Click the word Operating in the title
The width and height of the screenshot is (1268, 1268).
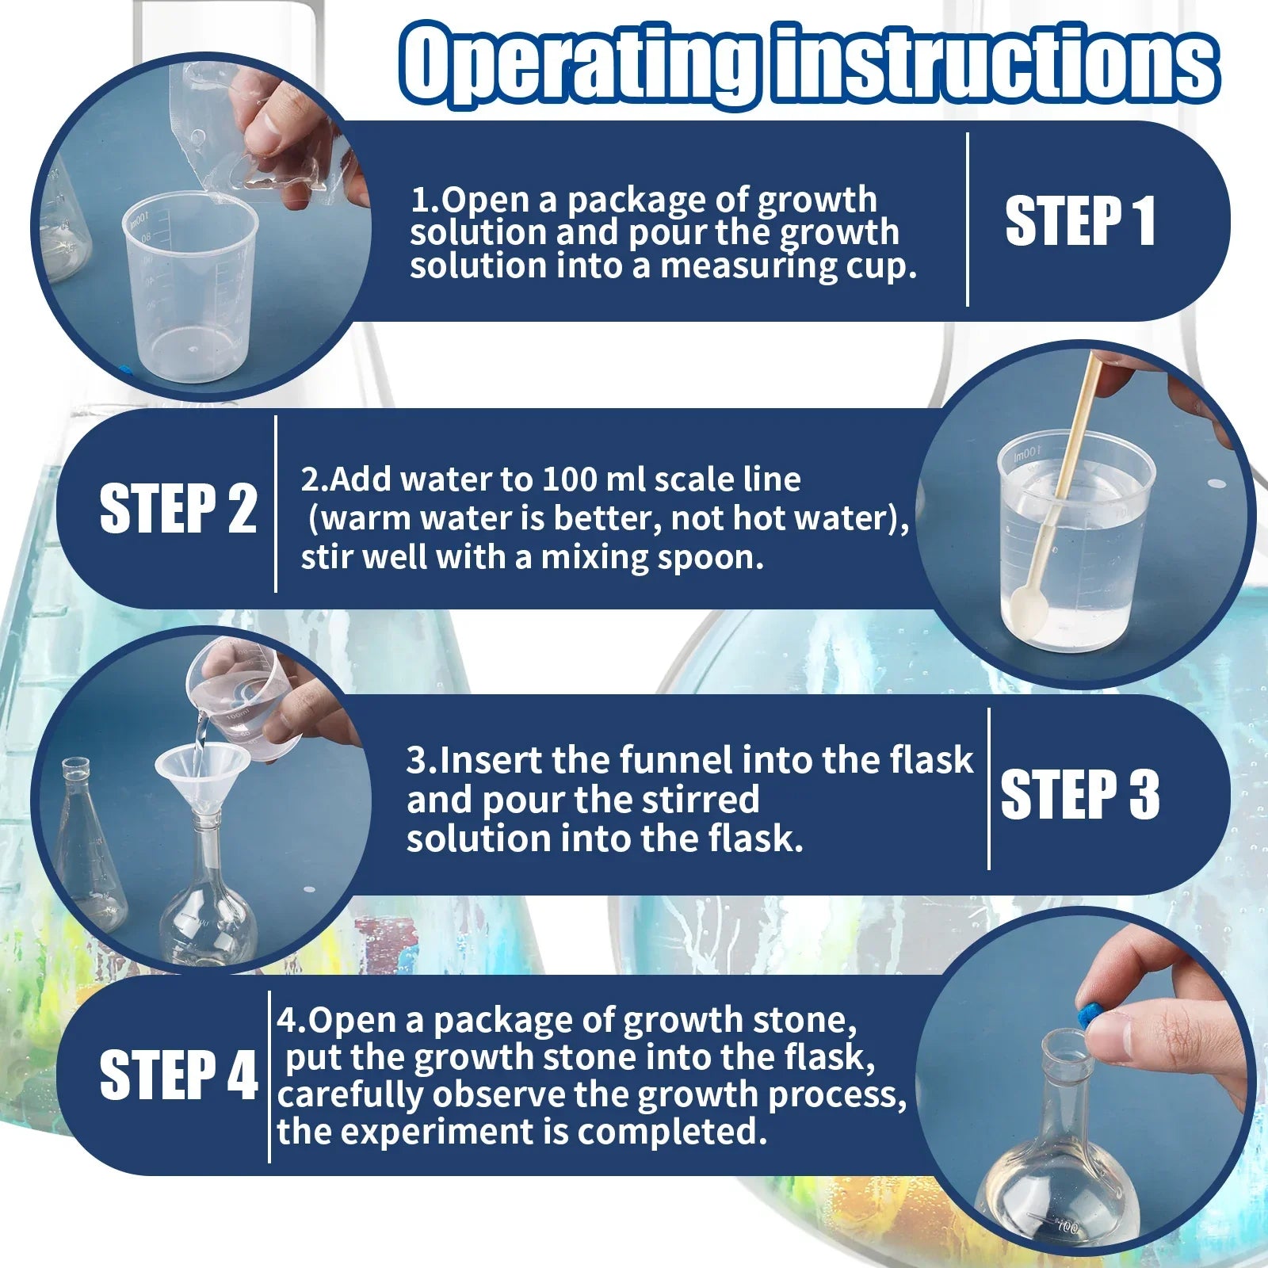(579, 63)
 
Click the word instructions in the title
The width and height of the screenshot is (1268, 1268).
(995, 63)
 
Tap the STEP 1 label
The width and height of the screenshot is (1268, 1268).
(1079, 222)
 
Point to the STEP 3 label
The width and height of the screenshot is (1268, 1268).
(1079, 794)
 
